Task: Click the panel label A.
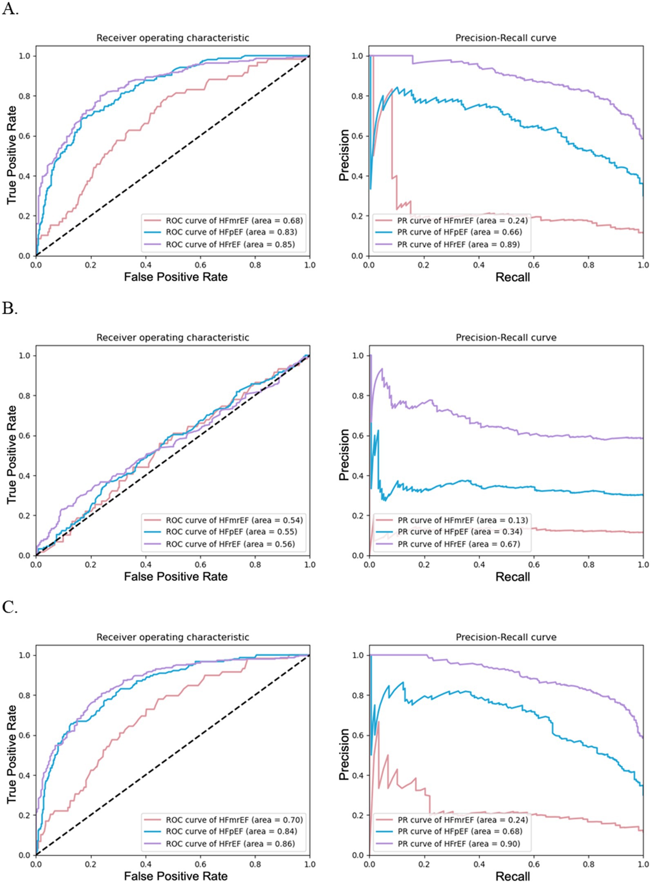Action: click(10, 9)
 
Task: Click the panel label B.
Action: click(10, 308)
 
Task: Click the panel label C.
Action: click(10, 608)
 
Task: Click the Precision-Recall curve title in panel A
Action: click(506, 38)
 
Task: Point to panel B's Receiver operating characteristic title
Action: click(172, 337)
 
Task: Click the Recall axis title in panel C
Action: click(513, 876)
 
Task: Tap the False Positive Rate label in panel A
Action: click(176, 277)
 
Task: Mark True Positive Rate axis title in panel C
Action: click(11, 754)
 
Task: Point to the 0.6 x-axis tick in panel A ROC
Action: click(201, 265)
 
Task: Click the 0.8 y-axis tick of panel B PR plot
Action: click(358, 395)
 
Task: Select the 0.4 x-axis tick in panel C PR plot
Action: click(479, 864)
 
